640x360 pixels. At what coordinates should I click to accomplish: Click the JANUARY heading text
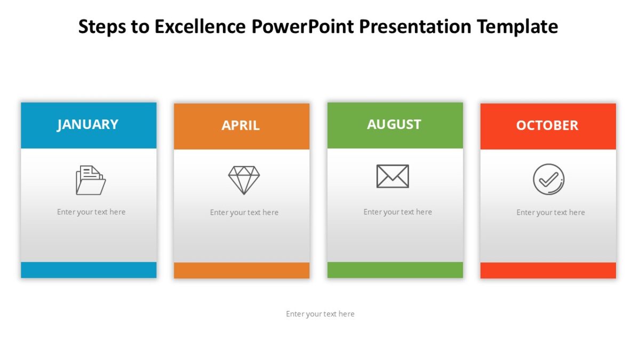click(88, 124)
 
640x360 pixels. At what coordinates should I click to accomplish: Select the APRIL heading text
click(241, 125)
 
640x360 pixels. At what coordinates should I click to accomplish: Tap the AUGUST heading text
click(394, 124)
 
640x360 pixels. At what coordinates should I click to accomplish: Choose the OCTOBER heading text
click(547, 125)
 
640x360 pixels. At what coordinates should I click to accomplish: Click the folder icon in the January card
click(91, 180)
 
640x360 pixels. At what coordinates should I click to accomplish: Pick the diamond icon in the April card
click(244, 180)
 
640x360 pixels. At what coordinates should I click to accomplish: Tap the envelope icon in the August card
click(393, 176)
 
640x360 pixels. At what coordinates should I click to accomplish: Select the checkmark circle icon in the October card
click(548, 179)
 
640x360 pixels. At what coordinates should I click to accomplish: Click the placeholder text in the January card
click(91, 212)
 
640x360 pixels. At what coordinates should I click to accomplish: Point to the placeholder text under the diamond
click(244, 212)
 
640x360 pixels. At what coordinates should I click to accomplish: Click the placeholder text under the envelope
click(397, 212)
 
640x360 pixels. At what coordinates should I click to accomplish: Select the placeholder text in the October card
click(550, 212)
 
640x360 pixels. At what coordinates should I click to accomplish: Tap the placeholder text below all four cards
click(320, 314)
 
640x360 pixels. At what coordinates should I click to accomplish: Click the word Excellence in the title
click(201, 26)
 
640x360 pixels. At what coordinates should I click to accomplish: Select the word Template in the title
click(517, 26)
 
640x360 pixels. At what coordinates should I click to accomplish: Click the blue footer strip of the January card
click(89, 270)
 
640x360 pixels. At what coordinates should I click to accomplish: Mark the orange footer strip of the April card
click(242, 270)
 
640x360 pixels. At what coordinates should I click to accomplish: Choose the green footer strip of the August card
click(395, 270)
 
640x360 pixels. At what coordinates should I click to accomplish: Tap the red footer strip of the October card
click(548, 270)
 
